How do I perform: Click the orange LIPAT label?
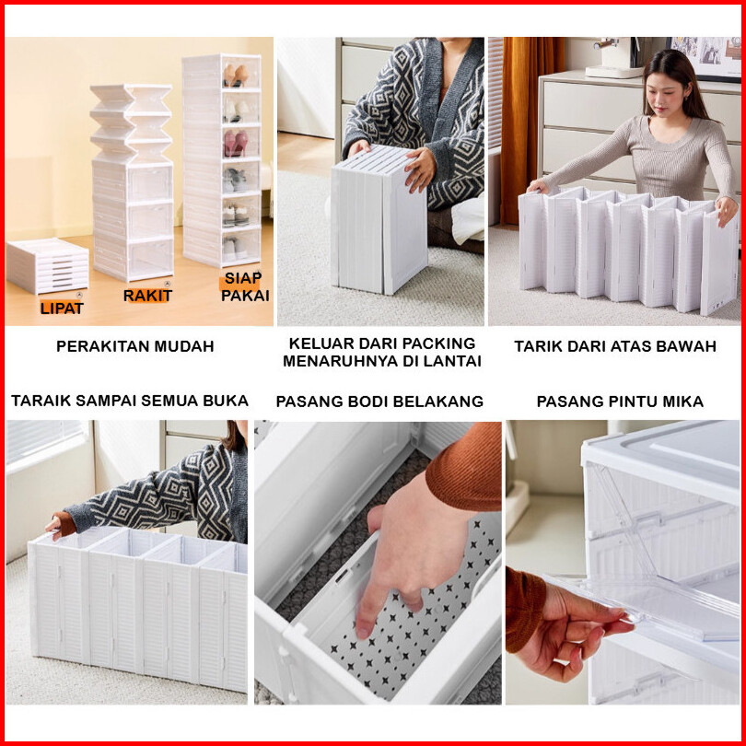tap(62, 308)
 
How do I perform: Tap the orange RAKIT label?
tap(147, 296)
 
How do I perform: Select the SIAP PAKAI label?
tap(245, 286)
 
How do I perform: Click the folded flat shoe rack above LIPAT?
tap(47, 264)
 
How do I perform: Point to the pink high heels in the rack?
tap(236, 143)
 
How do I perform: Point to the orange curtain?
tap(527, 128)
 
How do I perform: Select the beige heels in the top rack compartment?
tap(236, 76)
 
